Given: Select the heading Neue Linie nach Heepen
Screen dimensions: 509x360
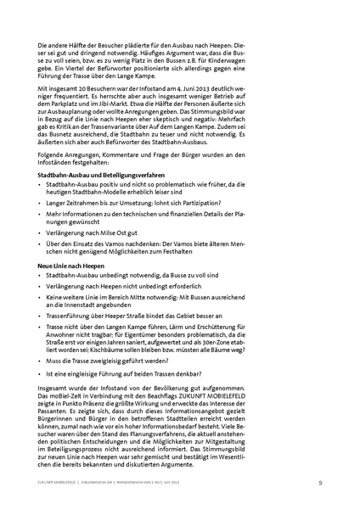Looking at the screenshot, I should [69, 266].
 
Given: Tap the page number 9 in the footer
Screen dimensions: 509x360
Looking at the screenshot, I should [319, 483].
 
